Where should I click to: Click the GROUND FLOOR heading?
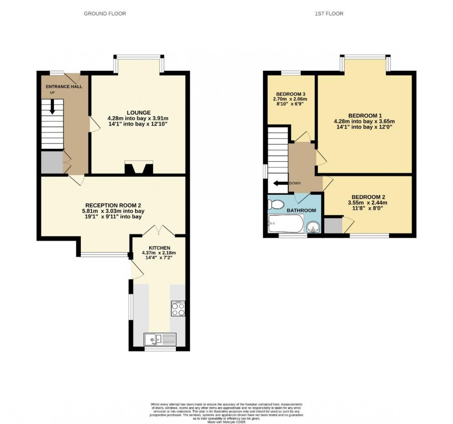point(105,14)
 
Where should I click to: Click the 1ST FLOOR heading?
point(329,14)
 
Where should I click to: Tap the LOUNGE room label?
point(138,112)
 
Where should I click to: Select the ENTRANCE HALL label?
point(61,87)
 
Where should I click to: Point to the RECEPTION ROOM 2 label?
point(113,205)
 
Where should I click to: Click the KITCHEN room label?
point(159,248)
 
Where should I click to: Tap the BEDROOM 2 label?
point(368,197)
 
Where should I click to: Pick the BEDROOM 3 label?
point(290,94)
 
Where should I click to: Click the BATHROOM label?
point(301,210)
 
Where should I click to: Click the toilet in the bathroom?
point(276,205)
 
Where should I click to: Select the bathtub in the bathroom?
point(286,224)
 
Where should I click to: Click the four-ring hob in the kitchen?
point(178,308)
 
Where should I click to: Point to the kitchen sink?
point(159,340)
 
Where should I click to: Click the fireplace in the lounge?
point(138,168)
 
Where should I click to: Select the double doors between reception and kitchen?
point(158,231)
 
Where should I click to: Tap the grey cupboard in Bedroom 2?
point(333,226)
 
